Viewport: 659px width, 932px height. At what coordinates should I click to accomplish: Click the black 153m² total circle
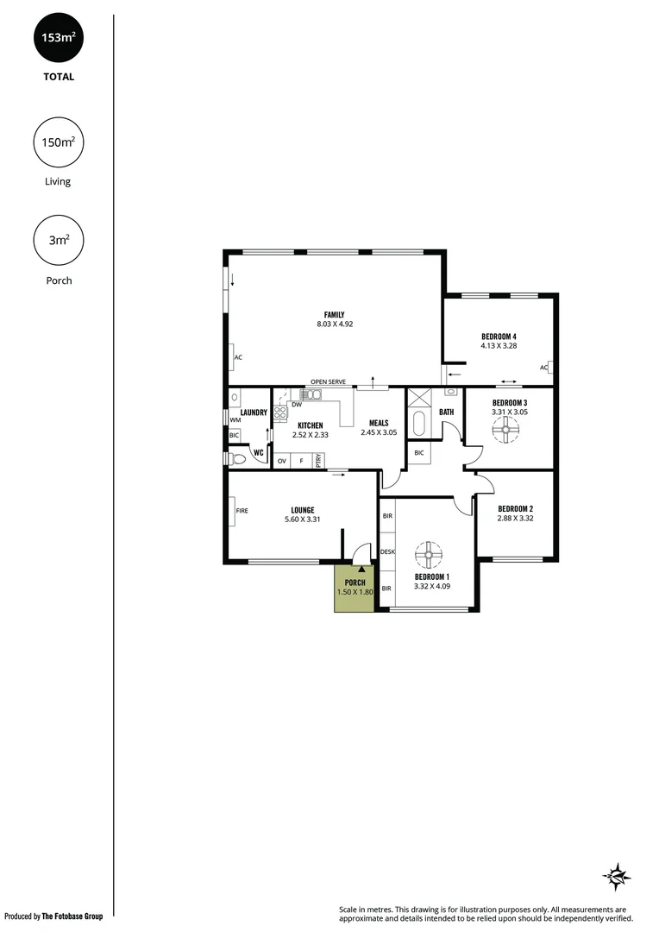click(x=59, y=38)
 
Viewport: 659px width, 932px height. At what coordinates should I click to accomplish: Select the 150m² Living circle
click(x=59, y=142)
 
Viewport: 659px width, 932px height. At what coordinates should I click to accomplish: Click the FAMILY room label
click(x=335, y=314)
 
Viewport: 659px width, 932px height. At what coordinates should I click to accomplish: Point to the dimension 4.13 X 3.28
click(x=499, y=346)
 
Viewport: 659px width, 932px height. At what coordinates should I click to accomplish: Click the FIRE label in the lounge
click(x=242, y=510)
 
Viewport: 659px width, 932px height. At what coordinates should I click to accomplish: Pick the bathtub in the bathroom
click(x=419, y=424)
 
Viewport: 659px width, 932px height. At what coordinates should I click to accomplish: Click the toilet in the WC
click(x=238, y=459)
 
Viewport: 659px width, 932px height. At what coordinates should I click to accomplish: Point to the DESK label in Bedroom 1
click(x=387, y=551)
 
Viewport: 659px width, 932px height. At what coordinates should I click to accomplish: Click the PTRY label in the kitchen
click(x=318, y=460)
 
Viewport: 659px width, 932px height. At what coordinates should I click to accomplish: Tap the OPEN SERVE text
click(x=328, y=381)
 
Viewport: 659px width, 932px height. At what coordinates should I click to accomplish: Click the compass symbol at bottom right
click(x=616, y=876)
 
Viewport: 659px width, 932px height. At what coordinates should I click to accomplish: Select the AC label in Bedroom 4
click(x=544, y=368)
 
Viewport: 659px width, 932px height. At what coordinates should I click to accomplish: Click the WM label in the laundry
click(x=235, y=420)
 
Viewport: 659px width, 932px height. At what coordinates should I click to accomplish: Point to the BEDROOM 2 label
click(x=516, y=508)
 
